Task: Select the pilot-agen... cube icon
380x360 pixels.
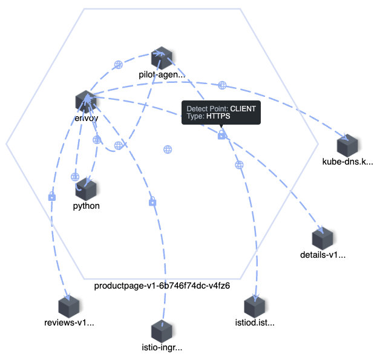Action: (162, 59)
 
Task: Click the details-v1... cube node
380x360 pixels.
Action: (323, 239)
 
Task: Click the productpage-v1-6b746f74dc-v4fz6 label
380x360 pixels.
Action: (162, 284)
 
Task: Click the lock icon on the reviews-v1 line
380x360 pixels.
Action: (51, 197)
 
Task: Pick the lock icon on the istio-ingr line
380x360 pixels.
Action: (152, 201)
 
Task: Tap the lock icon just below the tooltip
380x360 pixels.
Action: (222, 135)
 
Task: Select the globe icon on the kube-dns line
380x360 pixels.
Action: (222, 85)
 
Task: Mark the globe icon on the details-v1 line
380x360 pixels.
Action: (239, 164)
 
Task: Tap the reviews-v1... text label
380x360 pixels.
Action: (70, 323)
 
